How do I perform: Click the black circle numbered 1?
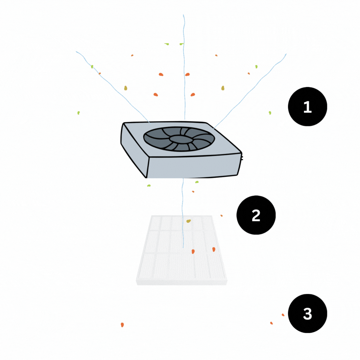(307, 107)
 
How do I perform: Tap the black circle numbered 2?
(256, 215)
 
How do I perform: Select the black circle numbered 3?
(307, 313)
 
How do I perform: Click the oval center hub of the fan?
(179, 139)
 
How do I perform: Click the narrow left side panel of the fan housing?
(134, 147)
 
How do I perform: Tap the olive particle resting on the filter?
(188, 221)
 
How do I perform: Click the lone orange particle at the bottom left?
(122, 325)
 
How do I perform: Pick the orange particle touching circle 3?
(283, 315)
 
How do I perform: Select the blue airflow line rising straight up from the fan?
(184, 67)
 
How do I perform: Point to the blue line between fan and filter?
(183, 213)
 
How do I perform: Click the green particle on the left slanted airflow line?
(92, 67)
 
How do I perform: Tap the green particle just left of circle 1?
(270, 113)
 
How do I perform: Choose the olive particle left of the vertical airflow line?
(126, 88)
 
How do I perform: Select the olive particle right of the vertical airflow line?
(223, 88)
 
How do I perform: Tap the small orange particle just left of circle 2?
(221, 216)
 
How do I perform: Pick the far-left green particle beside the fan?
(79, 113)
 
